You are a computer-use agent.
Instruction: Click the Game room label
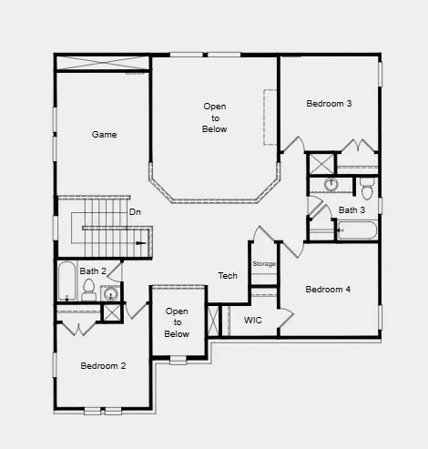105,135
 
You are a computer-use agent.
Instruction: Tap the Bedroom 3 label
329,104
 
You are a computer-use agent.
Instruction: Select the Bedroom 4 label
328,290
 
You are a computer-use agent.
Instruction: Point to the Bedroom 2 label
103,366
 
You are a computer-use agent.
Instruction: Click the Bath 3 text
352,210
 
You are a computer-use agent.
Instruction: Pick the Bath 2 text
93,270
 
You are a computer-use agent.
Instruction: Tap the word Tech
228,275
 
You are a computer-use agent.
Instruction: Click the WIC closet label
253,321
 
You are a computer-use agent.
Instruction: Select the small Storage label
264,264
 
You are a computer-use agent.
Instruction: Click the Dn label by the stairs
135,212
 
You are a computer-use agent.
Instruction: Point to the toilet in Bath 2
89,291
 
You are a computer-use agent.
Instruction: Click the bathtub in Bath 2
66,282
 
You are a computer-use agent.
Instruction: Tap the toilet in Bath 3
366,190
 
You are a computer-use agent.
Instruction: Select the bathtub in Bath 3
356,229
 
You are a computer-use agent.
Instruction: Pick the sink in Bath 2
110,293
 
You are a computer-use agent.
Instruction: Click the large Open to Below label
215,118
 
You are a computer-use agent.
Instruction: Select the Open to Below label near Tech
177,322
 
